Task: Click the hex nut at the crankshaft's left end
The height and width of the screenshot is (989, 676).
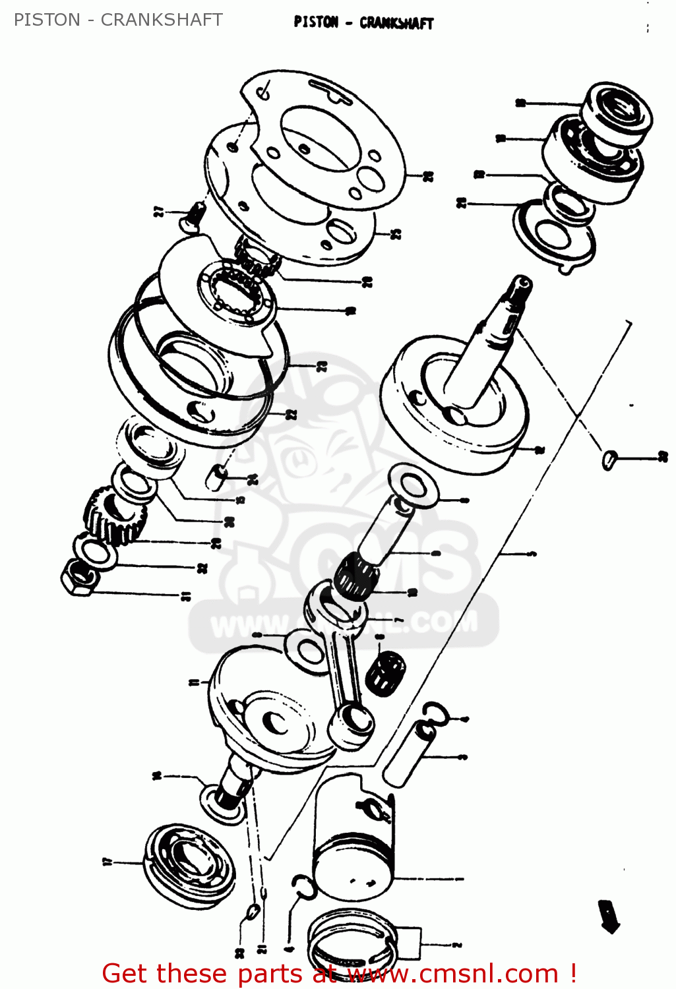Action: pos(79,578)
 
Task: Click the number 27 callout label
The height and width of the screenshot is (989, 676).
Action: pos(158,212)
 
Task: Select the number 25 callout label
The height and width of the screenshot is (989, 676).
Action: pos(396,233)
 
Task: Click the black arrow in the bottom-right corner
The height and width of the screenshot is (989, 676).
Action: pos(610,917)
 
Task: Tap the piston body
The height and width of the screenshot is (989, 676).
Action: pos(353,841)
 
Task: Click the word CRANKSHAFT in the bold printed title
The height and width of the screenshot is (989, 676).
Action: pos(396,23)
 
